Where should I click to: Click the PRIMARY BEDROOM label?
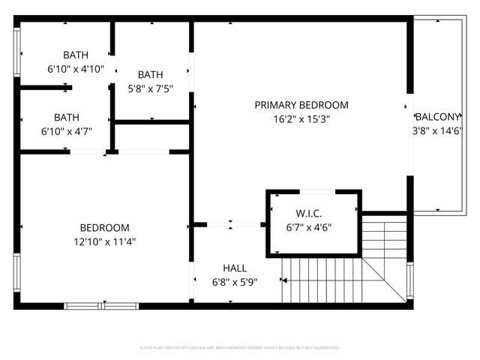click(x=301, y=105)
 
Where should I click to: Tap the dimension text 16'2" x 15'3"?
click(x=301, y=118)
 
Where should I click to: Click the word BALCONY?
click(x=437, y=117)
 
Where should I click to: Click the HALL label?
click(x=235, y=268)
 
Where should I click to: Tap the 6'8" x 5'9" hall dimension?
click(x=235, y=282)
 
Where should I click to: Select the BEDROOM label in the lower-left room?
click(x=104, y=227)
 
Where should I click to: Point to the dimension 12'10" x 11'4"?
click(x=104, y=241)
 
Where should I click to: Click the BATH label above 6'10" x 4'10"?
click(x=75, y=55)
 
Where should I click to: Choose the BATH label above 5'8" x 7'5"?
click(x=150, y=74)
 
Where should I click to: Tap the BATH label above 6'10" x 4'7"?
click(x=66, y=117)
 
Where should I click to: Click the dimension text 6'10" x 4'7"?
click(x=66, y=131)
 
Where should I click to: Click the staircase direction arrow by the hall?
click(x=285, y=280)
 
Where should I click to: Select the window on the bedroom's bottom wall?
click(x=96, y=305)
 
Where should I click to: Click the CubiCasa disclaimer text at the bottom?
click(x=240, y=348)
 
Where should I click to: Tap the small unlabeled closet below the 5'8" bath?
click(x=151, y=136)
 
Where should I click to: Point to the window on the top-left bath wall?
click(x=17, y=54)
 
